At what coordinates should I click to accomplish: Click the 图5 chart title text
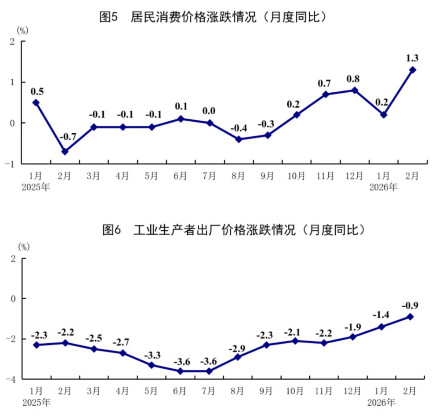click(x=215, y=18)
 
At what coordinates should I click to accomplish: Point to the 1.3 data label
click(x=413, y=58)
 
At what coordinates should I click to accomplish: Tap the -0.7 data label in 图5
click(x=68, y=137)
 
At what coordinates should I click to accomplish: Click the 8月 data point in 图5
click(x=239, y=139)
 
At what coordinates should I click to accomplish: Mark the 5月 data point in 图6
click(x=152, y=365)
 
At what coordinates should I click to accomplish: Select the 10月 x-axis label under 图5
click(x=296, y=177)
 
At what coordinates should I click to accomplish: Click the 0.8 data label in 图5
click(x=355, y=79)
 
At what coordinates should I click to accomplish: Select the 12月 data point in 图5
click(x=355, y=90)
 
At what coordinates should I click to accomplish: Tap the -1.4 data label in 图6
click(x=381, y=315)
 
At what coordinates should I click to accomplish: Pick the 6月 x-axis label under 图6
click(x=180, y=391)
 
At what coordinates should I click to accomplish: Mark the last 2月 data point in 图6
click(x=410, y=316)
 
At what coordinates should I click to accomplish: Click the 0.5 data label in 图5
click(x=36, y=91)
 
